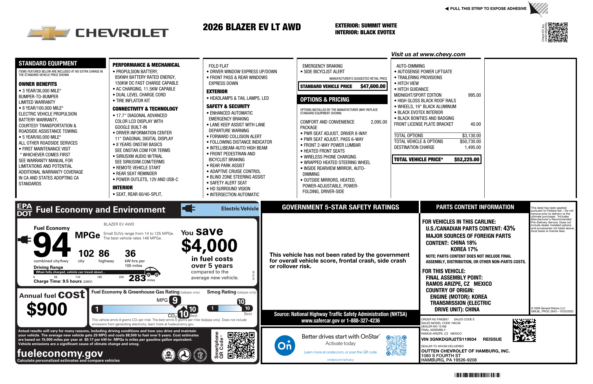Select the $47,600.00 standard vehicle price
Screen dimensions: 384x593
[x=373, y=87]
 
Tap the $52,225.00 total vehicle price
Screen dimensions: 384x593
[x=466, y=160]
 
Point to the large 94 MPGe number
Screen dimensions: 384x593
[x=52, y=245]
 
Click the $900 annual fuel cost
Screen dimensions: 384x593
[x=47, y=309]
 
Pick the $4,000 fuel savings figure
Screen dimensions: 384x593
[x=209, y=246]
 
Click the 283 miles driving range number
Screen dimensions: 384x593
[x=137, y=278]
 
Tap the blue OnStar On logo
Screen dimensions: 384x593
[x=284, y=345]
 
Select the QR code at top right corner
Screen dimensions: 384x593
[x=558, y=32]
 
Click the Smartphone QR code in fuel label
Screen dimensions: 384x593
[x=241, y=345]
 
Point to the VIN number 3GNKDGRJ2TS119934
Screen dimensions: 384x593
[x=449, y=339]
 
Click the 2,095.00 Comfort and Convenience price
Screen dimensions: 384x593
[x=379, y=122]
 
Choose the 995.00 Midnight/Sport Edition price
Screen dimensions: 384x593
[x=474, y=95]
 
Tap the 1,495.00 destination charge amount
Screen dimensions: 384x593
[x=473, y=147]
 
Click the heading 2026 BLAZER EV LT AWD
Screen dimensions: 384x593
[x=252, y=27]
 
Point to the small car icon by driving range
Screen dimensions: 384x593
[x=152, y=272]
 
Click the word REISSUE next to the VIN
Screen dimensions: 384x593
[x=492, y=339]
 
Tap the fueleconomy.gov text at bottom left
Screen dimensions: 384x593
[x=60, y=353]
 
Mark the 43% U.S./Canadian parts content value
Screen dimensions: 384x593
[x=509, y=228]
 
